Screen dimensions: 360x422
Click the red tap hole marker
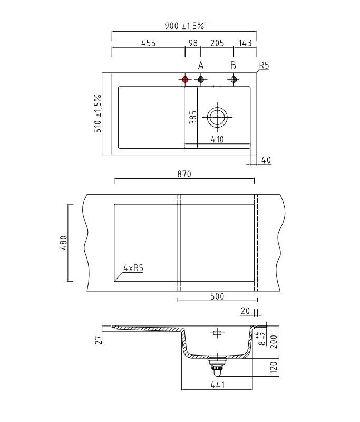pos(185,80)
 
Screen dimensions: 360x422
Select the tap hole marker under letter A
pos(201,80)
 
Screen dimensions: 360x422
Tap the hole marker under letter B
pos(233,80)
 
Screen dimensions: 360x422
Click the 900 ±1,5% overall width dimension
pos(184,26)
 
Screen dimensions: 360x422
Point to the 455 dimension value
pos(149,43)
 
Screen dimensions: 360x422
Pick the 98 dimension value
pos(193,43)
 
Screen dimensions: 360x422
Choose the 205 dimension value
pos(217,43)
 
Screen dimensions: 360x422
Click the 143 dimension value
pos(245,43)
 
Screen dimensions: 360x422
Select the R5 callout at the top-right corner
pos(264,65)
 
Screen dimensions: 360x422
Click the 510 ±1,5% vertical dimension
pos(98,113)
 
